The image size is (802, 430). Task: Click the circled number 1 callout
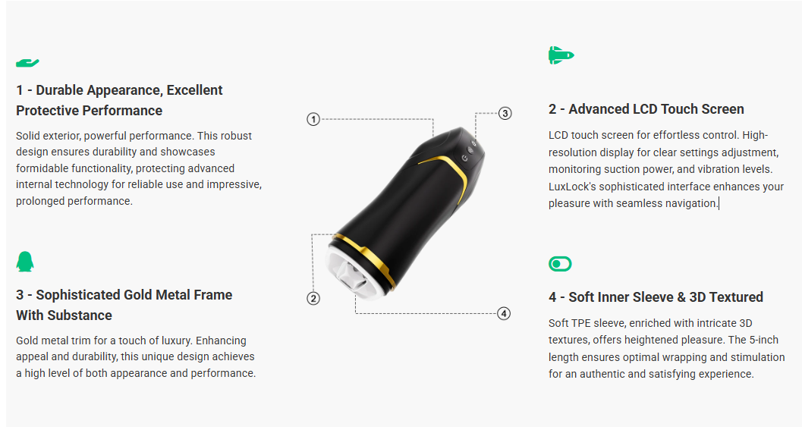313,119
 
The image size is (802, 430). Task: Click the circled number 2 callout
313,298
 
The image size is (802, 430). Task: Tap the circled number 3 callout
505,113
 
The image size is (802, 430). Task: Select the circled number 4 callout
504,313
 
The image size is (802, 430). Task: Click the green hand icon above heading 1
27,63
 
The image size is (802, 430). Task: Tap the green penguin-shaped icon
25,262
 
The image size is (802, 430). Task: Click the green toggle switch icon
560,264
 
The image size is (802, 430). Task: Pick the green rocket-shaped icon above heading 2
561,55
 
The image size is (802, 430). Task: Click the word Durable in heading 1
59,90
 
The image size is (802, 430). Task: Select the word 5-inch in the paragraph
763,340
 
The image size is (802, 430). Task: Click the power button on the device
464,159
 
